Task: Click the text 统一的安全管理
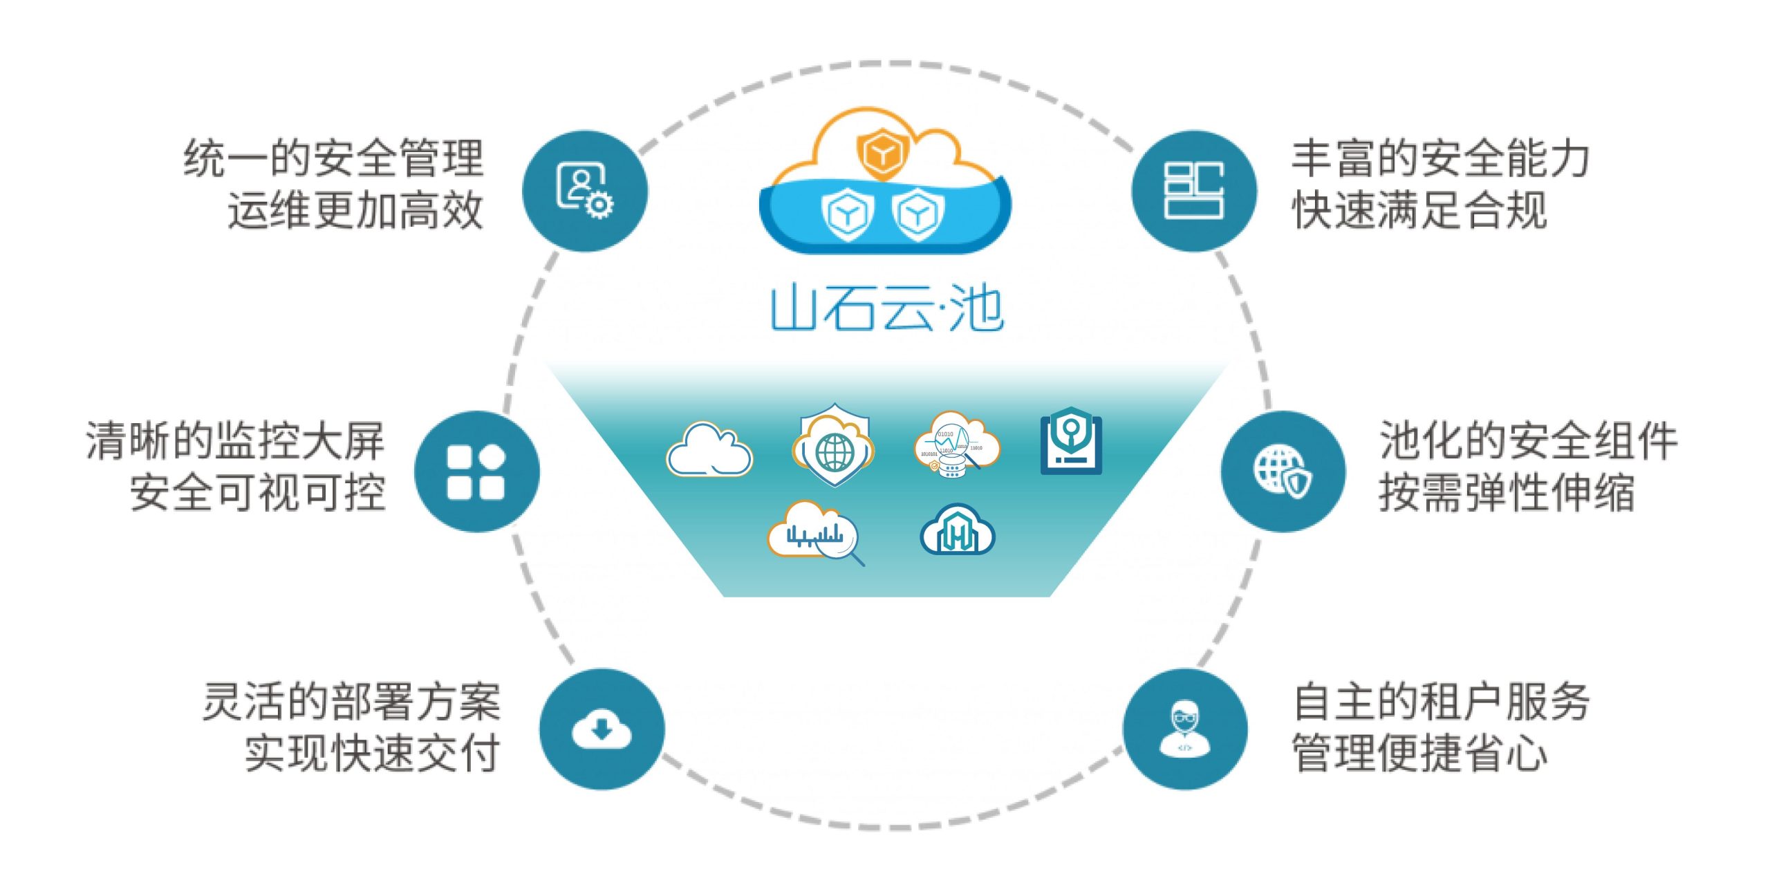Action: coord(333,158)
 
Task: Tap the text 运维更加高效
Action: coord(355,211)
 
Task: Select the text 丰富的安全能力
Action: coord(1441,158)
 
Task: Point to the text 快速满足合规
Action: coord(1419,211)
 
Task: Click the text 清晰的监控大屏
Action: coord(235,440)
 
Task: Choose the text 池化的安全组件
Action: coord(1528,440)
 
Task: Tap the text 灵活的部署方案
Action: coord(351,702)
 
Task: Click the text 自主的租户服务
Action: coord(1441,702)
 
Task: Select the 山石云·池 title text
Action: coord(886,309)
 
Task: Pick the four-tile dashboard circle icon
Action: coord(476,472)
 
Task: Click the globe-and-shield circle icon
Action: coord(1283,472)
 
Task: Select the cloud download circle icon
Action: coord(602,729)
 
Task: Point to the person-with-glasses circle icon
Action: coord(1185,729)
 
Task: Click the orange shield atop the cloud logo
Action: coord(882,153)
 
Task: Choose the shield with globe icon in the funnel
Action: coord(834,446)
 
